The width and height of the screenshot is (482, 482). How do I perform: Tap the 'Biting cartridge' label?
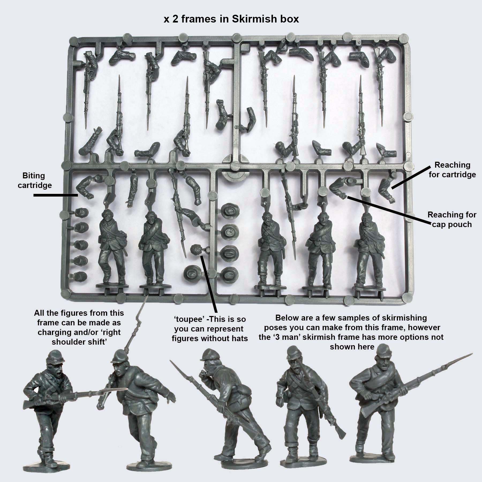click(34, 180)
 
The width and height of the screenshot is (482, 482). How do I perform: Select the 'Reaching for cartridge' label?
click(452, 170)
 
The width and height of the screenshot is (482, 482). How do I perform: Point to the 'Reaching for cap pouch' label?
click(452, 220)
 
